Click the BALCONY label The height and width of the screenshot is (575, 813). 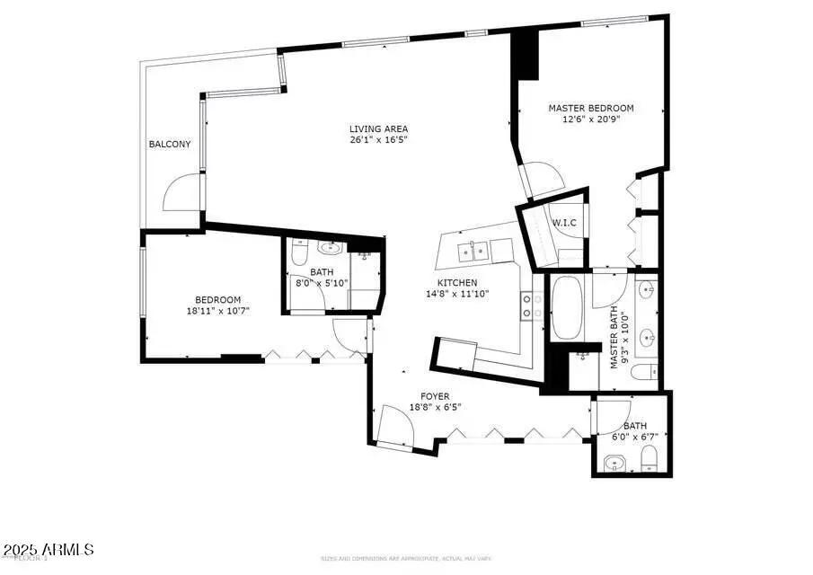[169, 145]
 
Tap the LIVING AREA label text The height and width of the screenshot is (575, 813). [378, 128]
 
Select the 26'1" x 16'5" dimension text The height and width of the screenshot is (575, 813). [378, 140]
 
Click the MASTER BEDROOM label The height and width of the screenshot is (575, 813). [590, 108]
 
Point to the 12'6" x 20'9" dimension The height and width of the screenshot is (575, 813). [590, 119]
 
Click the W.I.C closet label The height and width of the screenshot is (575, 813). [563, 222]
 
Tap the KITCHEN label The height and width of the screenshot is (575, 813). [457, 283]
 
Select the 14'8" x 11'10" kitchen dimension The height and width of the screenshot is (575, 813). [457, 294]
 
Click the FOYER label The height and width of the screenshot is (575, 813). [435, 396]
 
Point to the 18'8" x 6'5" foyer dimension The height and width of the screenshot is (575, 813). [435, 407]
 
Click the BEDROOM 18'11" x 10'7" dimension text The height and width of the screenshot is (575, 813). [217, 311]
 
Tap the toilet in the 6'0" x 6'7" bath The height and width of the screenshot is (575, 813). [649, 460]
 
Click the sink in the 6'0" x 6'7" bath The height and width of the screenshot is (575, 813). [615, 464]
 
